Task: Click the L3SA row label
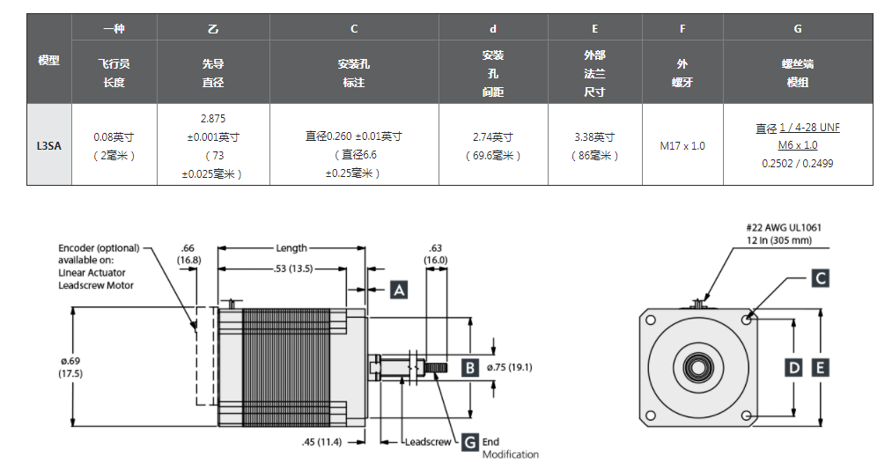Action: (48, 145)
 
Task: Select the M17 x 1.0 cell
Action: (682, 145)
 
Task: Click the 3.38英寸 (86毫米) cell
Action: (594, 146)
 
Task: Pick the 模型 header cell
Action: (48, 61)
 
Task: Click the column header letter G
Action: (798, 28)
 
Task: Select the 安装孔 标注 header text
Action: (354, 73)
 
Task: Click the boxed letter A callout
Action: (399, 290)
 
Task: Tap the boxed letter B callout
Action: (470, 367)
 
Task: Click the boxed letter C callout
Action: (820, 278)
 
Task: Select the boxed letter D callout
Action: (794, 367)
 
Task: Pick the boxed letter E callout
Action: (821, 367)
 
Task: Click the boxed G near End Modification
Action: (470, 442)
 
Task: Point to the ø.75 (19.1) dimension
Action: (509, 367)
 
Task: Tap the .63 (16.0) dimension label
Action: (436, 254)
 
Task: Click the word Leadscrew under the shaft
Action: (428, 442)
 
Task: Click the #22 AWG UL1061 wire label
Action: (784, 227)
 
